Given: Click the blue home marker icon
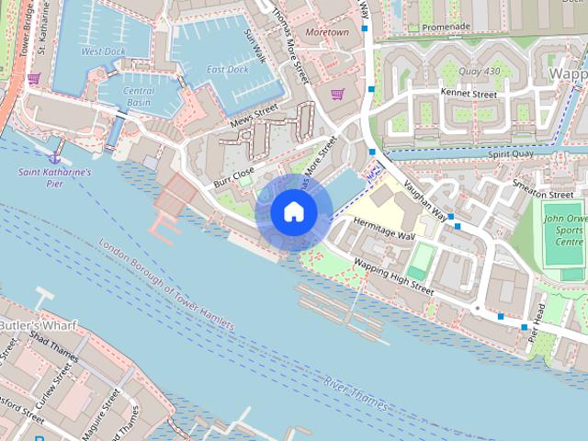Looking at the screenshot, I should tap(293, 212).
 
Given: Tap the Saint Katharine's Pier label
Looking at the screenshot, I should tap(55, 177).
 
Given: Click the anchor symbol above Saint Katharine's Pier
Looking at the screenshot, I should tap(54, 147).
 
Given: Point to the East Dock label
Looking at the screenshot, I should tap(227, 70).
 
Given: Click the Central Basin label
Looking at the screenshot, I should tap(139, 96).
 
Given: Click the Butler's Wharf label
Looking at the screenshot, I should tap(38, 326).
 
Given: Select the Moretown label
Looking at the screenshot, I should tap(327, 32).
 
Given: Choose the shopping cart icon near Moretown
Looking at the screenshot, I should tap(337, 94).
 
